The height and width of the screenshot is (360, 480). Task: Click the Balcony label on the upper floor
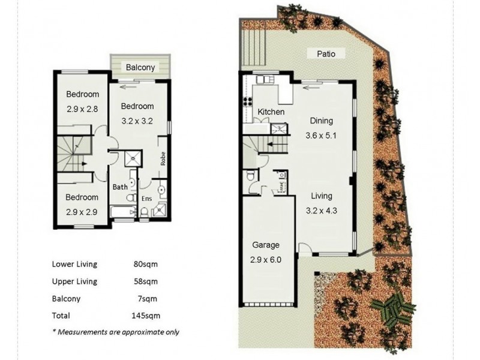140,67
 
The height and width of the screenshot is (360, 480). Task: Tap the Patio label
326,54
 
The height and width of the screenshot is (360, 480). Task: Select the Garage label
266,245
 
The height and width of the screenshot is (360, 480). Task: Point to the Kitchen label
271,112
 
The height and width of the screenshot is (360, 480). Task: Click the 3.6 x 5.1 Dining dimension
321,136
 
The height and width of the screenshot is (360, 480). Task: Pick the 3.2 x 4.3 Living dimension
322,211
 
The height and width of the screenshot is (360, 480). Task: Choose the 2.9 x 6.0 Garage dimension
266,260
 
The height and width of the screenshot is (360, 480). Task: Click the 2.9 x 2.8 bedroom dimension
82,109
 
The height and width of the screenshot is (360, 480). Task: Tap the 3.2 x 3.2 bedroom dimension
137,121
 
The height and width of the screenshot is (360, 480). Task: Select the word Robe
163,158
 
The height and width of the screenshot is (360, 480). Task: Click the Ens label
146,199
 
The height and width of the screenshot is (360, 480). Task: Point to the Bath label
120,187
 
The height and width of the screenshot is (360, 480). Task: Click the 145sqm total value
146,316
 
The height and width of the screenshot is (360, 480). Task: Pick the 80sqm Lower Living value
145,264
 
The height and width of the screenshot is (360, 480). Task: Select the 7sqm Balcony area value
147,298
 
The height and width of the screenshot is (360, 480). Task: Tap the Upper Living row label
74,281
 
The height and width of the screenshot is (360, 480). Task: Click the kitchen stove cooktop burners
247,101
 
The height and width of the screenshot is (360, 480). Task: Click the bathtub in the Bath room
123,212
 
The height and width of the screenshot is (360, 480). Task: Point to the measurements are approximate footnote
116,332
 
